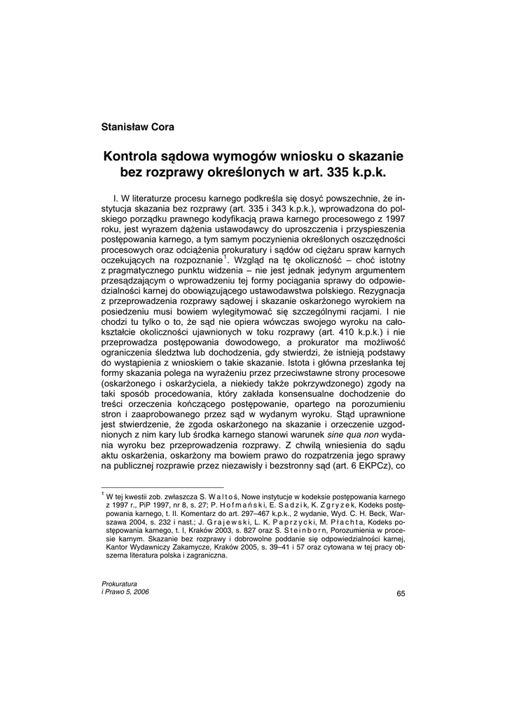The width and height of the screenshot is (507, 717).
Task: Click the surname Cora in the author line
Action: pyautogui.click(x=160, y=127)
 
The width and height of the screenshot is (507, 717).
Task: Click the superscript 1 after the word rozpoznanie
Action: pyautogui.click(x=225, y=256)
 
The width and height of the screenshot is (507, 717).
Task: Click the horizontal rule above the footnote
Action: pyautogui.click(x=162, y=487)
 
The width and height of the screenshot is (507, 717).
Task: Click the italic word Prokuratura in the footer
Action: pyautogui.click(x=120, y=583)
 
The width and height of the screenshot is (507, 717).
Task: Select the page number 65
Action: pyautogui.click(x=400, y=594)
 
